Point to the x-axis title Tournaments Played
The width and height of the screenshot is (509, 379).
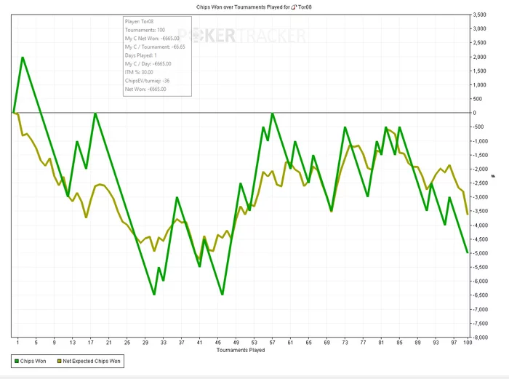point(241,350)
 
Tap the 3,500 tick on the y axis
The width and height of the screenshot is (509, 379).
point(479,15)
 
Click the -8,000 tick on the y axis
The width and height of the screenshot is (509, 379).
point(479,338)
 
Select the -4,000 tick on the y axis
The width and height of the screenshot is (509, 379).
point(479,226)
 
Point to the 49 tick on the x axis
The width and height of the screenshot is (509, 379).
point(236,343)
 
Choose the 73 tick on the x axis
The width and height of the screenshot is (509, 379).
point(345,343)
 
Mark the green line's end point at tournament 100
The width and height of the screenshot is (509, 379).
point(467,252)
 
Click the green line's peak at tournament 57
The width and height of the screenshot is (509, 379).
point(272,113)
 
